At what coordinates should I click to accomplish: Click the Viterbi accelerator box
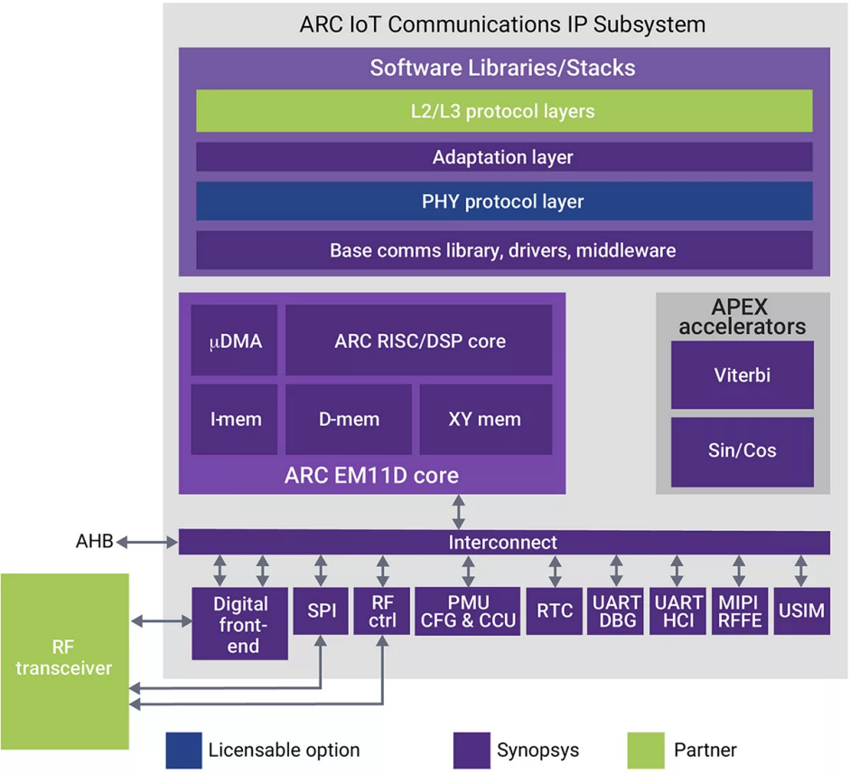[742, 375]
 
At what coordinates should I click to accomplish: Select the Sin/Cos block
[742, 451]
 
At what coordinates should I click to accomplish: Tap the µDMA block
[234, 340]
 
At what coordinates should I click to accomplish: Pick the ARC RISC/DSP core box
[419, 340]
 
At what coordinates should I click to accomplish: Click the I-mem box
[234, 419]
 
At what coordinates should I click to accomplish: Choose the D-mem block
[349, 419]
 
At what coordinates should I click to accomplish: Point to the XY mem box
[485, 419]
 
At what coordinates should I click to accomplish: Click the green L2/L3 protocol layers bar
[504, 111]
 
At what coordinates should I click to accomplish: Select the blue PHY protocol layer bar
[504, 201]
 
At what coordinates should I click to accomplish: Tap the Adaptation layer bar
[504, 156]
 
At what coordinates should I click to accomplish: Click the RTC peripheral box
[555, 610]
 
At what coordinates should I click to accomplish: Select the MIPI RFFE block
[739, 610]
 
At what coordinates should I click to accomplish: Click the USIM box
[801, 610]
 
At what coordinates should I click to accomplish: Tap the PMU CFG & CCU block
[467, 610]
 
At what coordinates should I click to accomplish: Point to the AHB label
[94, 542]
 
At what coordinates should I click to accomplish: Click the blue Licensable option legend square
[183, 750]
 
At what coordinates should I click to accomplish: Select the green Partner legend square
[645, 750]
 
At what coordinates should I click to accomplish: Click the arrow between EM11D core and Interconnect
[460, 512]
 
